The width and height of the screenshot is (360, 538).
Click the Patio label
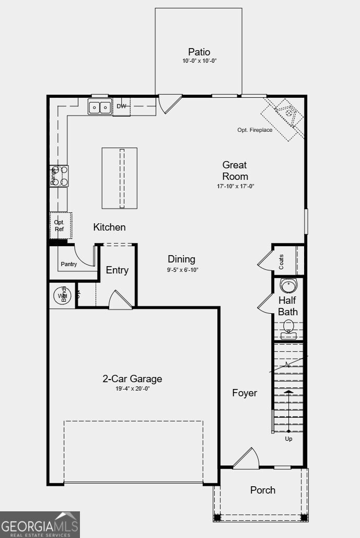[x=199, y=52]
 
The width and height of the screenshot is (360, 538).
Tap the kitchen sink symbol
[x=99, y=107]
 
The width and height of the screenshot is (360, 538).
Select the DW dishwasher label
[x=121, y=107]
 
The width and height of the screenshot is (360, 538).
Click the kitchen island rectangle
[x=120, y=178]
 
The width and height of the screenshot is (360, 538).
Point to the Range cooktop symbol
[x=59, y=176]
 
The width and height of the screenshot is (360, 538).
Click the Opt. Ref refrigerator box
[x=60, y=225]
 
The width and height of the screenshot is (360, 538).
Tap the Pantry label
[x=69, y=264]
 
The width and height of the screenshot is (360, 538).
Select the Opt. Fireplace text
[x=254, y=130]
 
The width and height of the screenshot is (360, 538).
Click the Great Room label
[x=235, y=170]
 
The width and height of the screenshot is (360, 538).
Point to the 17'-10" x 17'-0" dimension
[x=236, y=187]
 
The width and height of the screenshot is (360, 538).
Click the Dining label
[x=181, y=259]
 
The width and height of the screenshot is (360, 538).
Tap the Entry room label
[x=117, y=270]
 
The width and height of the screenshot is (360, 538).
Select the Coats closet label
[x=282, y=261]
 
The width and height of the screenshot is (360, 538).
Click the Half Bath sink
[x=288, y=285]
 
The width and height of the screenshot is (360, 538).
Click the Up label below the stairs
[x=288, y=439]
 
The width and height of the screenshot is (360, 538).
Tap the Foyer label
[x=245, y=393]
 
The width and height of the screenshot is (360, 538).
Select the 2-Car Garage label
[x=132, y=379]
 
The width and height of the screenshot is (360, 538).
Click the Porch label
[x=263, y=490]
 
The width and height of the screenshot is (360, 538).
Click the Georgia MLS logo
[x=40, y=524]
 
